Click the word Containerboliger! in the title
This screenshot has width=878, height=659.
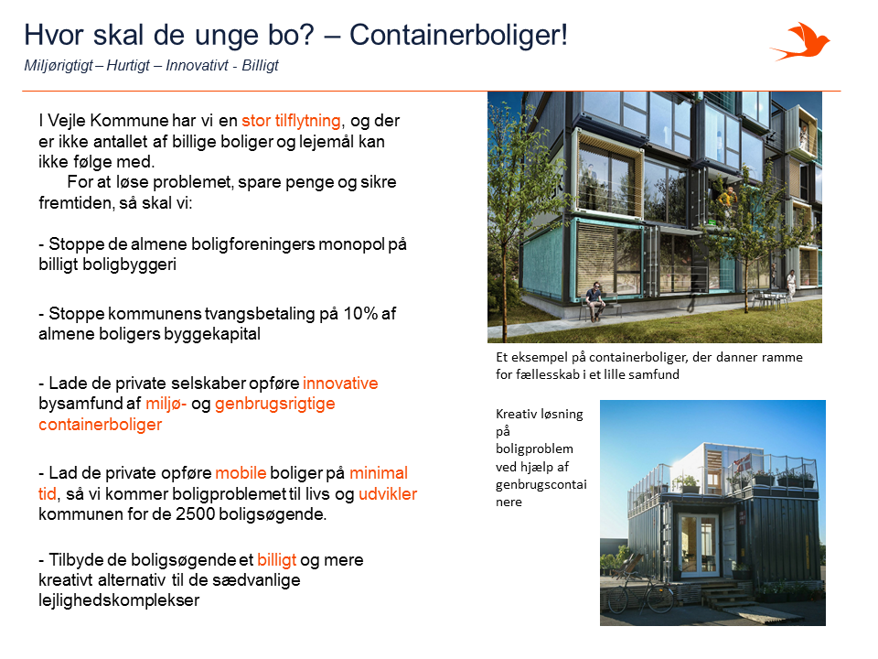click(x=458, y=35)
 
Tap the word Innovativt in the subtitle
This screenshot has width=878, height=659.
click(x=198, y=66)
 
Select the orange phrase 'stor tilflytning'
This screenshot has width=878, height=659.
click(x=291, y=121)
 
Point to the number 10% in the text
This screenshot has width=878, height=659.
click(x=360, y=313)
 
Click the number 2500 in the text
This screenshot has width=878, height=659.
click(x=194, y=513)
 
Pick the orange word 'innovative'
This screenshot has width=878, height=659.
click(x=340, y=384)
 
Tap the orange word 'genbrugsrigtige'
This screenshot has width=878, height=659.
click(x=275, y=404)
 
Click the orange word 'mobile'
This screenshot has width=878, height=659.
click(x=241, y=473)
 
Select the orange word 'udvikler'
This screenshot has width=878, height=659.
click(x=388, y=493)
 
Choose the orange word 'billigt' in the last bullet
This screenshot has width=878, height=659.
click(x=276, y=560)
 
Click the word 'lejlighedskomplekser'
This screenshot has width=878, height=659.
click(x=119, y=600)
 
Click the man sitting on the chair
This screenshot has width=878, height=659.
click(x=594, y=301)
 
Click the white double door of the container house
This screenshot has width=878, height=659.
click(x=698, y=546)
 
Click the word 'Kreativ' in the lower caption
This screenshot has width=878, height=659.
click(x=516, y=414)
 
